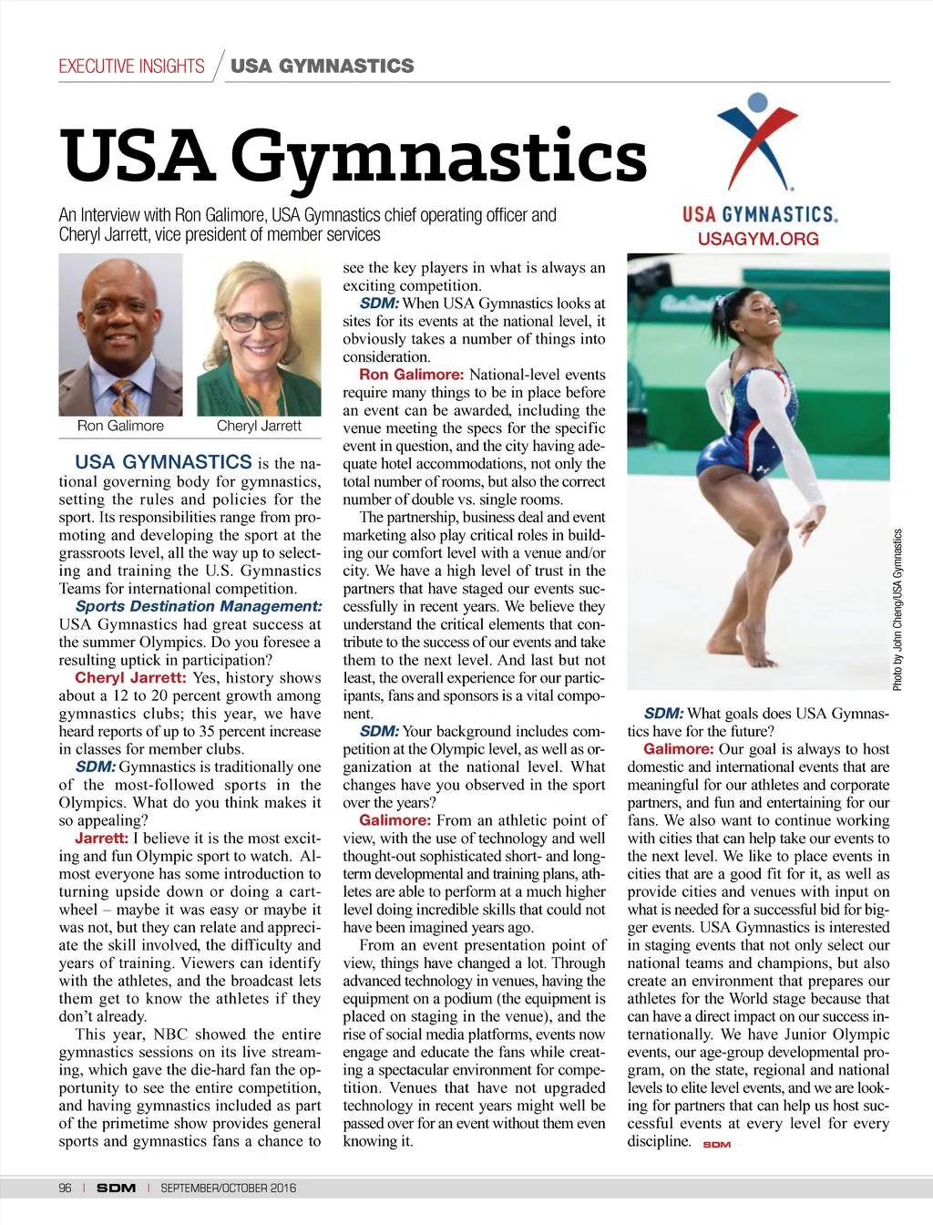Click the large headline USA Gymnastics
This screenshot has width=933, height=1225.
pyautogui.click(x=354, y=155)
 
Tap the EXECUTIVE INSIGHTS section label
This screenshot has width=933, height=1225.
pyautogui.click(x=131, y=67)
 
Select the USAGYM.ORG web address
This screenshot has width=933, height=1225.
pyautogui.click(x=758, y=239)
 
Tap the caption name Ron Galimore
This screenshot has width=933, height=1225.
pyautogui.click(x=120, y=426)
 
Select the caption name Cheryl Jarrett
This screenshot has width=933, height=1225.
pyautogui.click(x=259, y=426)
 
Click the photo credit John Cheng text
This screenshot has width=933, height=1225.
pyautogui.click(x=897, y=610)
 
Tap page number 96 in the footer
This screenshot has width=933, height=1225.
pyautogui.click(x=65, y=1188)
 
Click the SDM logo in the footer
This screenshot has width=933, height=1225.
pyautogui.click(x=116, y=1188)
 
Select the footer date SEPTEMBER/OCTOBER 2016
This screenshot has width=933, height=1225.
pyautogui.click(x=228, y=1188)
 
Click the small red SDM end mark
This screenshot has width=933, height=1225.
pyautogui.click(x=717, y=1144)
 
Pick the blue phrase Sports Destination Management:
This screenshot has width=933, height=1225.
pyautogui.click(x=198, y=606)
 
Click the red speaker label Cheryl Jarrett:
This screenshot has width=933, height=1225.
pyautogui.click(x=130, y=677)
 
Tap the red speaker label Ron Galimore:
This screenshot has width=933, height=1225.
pyautogui.click(x=412, y=375)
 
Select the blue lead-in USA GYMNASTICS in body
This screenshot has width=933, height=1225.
pyautogui.click(x=163, y=462)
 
